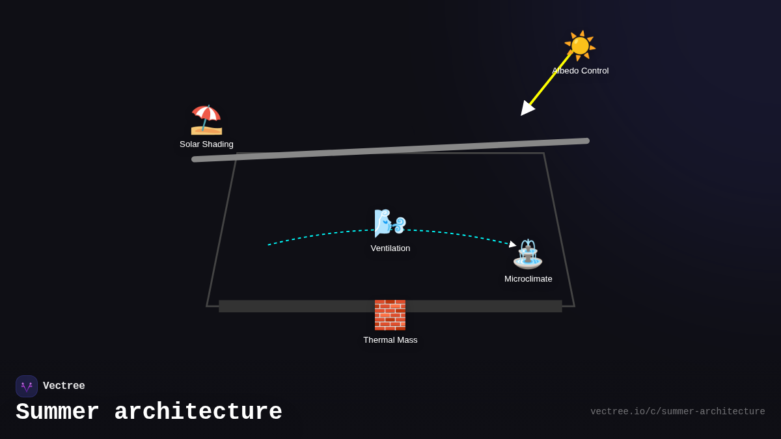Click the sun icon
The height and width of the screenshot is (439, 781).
[x=580, y=46]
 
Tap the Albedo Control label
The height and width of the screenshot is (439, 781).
[x=581, y=71]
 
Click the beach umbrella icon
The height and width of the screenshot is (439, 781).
[x=206, y=120]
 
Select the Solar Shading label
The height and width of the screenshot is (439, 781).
[x=206, y=144]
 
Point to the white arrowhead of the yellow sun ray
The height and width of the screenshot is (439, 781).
[x=527, y=109]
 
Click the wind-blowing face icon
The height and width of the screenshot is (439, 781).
[x=390, y=223]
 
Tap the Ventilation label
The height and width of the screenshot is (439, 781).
[x=390, y=248]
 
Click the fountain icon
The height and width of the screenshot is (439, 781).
[x=528, y=254]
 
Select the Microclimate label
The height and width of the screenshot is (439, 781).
[x=528, y=279]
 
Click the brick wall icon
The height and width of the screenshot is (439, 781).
[x=390, y=315]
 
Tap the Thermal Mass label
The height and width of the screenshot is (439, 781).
[x=390, y=340]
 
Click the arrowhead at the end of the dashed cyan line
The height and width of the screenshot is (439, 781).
[x=513, y=245]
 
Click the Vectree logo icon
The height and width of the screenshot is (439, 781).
[x=27, y=386]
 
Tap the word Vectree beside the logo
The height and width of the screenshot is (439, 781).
[x=64, y=386]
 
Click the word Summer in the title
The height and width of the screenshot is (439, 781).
[x=57, y=412]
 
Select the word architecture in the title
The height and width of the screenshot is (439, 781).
[x=198, y=412]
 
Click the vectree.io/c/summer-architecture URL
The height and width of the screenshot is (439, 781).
[x=678, y=412]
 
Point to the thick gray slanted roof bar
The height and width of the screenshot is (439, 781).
[x=390, y=150]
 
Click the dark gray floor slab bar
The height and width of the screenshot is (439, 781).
[x=293, y=306]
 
